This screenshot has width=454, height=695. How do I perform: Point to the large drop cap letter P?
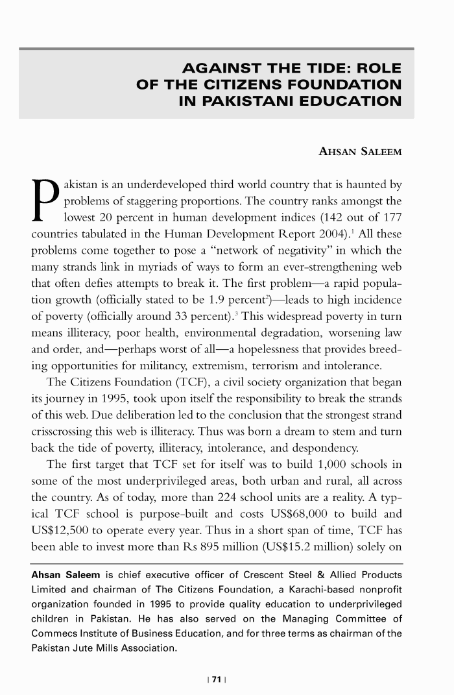click(x=43, y=193)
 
